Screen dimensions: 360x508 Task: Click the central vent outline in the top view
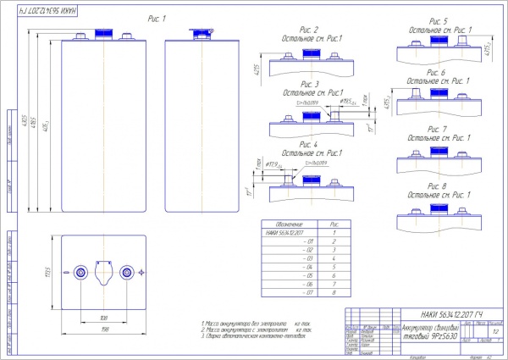click(x=104, y=272)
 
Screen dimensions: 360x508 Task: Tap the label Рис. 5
click(x=439, y=20)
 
